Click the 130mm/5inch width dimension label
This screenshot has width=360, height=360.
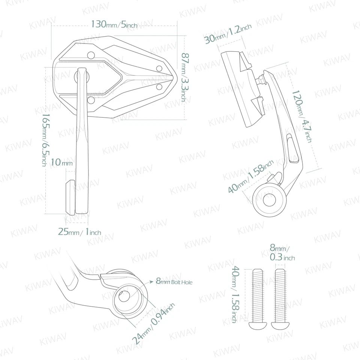(x=114, y=25)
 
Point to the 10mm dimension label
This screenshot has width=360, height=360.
(x=61, y=163)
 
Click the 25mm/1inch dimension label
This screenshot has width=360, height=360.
(x=79, y=232)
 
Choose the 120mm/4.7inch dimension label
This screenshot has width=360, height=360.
(x=301, y=116)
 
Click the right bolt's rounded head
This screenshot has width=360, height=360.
(x=280, y=324)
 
